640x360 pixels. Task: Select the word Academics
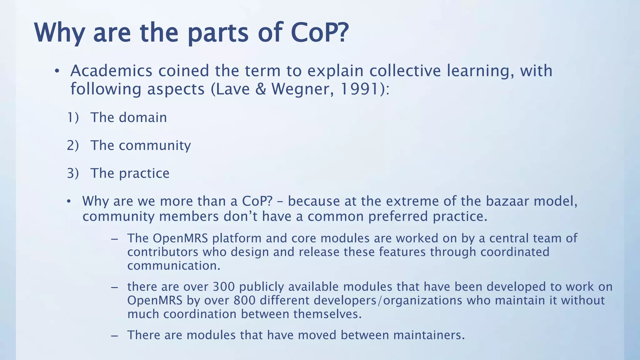pos(111,71)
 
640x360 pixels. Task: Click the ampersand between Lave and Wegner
pos(260,89)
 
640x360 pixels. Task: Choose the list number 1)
pos(73,117)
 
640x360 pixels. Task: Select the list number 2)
pos(73,145)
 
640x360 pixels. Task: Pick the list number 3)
pos(73,173)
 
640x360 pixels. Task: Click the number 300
pos(223,287)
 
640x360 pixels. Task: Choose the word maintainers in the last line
pos(429,335)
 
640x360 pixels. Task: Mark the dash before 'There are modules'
pos(114,335)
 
